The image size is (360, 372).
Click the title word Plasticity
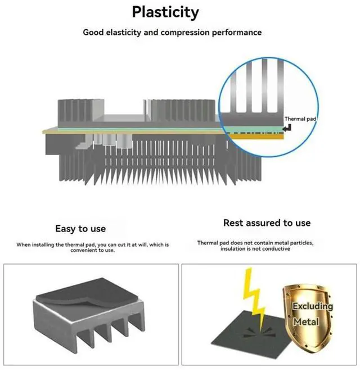click(165, 12)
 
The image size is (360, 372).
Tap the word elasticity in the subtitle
click(123, 32)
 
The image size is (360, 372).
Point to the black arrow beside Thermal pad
click(287, 129)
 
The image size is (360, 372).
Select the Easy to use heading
click(80, 229)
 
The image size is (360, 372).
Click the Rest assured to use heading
click(267, 223)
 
